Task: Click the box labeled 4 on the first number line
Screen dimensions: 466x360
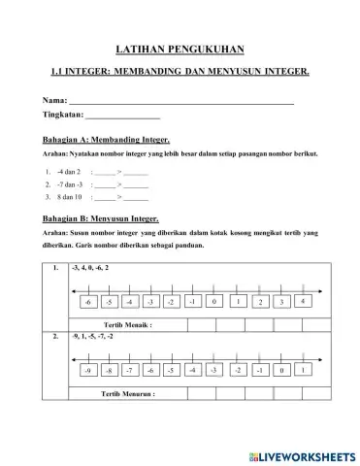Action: [x=304, y=301]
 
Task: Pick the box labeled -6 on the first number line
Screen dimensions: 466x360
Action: [x=88, y=302]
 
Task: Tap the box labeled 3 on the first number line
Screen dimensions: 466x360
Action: [x=282, y=302]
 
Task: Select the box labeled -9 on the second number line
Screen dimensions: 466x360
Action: [x=87, y=371]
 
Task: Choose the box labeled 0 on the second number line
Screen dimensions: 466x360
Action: [x=281, y=371]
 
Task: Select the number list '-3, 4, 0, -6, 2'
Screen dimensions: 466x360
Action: [x=90, y=266]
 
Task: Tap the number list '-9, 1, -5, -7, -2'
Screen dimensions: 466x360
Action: [x=93, y=336]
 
